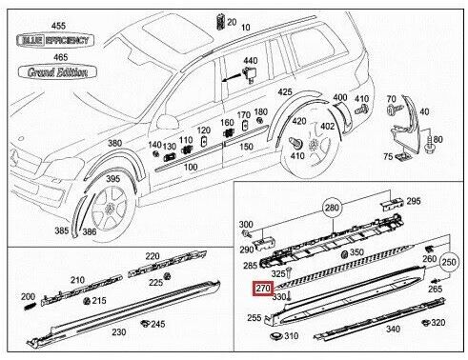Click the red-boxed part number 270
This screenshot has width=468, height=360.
point(263,289)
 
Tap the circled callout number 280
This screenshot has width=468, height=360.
point(332,209)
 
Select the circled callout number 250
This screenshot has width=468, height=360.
point(449,262)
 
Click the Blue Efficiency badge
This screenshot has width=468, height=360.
point(55,40)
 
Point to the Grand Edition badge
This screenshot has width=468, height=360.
point(57,72)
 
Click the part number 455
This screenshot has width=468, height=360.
point(58,26)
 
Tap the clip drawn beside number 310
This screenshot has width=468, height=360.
point(275,336)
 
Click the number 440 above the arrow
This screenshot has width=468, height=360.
point(251,60)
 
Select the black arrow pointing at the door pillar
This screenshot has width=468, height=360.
point(232,78)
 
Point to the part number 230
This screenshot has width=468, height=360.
point(119,332)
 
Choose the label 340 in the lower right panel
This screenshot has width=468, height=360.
point(393,329)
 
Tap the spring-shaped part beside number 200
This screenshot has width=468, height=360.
point(30,307)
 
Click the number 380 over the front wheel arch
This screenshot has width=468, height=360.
point(115,143)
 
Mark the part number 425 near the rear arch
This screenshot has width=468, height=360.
point(285,91)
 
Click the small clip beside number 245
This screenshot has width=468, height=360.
point(145,324)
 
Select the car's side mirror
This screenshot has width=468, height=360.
point(168,122)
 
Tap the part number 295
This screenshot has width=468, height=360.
point(414,201)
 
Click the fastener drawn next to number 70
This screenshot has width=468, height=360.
point(395,110)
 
